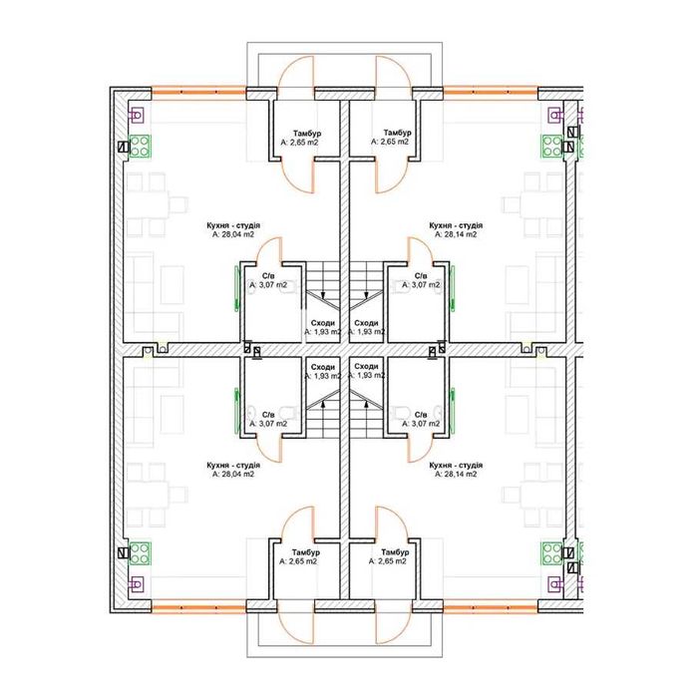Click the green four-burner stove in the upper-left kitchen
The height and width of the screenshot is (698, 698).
141,147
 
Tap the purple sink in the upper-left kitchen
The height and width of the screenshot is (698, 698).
137,116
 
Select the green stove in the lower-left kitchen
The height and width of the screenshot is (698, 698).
141,553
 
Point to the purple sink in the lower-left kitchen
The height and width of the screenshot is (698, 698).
137,583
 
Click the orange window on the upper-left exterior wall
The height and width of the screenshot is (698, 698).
199,92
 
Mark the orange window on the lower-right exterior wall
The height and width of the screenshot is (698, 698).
491,608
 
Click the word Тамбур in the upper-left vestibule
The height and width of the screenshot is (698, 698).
307,133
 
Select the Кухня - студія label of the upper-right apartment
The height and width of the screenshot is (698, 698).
456,225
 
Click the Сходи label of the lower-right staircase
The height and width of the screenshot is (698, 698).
366,366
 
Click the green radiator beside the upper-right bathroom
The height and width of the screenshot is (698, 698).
453,288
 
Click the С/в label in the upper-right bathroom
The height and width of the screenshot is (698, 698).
421,276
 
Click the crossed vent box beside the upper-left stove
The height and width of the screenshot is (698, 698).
124,147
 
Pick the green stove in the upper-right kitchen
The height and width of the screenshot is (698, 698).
552,147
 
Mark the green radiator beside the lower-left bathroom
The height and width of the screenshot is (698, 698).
237,411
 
